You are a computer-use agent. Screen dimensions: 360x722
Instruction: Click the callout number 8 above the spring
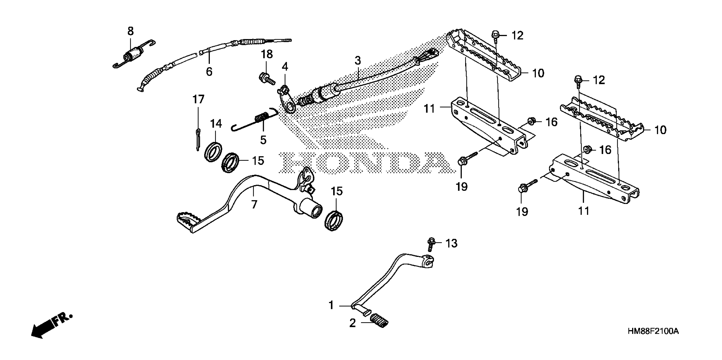pos(131,31)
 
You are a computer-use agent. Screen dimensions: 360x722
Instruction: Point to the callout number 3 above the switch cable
pos(358,60)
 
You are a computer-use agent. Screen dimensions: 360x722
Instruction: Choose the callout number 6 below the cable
pos(209,72)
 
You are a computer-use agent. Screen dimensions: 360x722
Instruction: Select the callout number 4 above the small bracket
pos(285,67)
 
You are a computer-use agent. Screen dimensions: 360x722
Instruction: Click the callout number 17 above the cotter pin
pos(198,99)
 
